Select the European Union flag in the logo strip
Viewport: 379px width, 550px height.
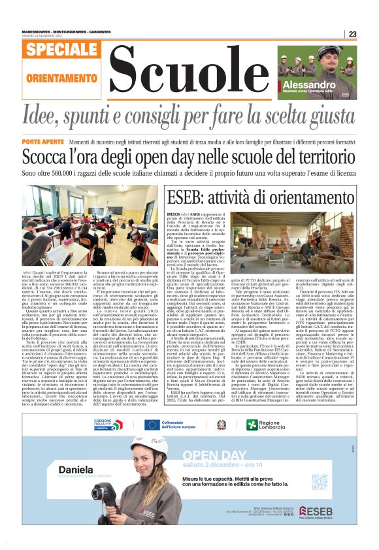152,425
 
